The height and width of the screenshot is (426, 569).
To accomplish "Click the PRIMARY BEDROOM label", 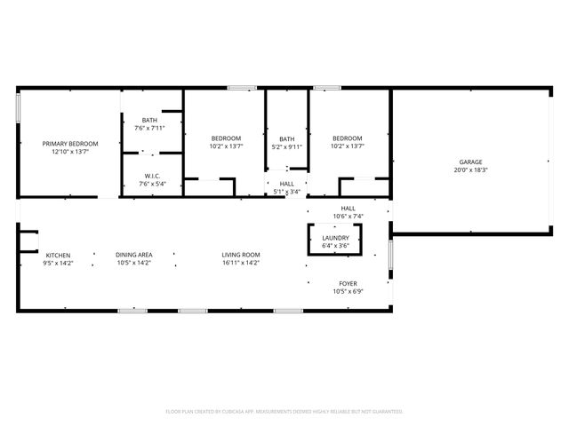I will point(71,144).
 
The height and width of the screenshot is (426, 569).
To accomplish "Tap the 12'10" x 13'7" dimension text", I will point(71,152).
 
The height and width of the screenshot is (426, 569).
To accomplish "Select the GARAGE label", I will point(470,162).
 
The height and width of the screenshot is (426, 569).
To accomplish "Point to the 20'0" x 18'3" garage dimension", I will point(470,170).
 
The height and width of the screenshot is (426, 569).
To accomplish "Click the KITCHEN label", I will point(58,256).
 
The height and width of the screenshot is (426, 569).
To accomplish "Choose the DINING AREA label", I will point(133,256).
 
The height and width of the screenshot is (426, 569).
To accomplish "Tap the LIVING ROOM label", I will point(241,256).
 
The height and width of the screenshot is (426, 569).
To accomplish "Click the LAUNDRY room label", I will point(335,238).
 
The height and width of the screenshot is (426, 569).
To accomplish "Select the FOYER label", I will point(348,283).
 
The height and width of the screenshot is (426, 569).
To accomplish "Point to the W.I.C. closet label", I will point(150,177).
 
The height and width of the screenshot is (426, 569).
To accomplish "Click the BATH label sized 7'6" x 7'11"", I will point(150,121).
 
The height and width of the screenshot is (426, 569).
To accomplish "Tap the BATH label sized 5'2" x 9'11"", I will point(287,138).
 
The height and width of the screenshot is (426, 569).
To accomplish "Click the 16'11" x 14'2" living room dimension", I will point(241,264).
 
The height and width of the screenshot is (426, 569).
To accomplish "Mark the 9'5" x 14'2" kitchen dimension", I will point(58,264).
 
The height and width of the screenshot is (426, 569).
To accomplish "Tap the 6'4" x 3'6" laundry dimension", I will point(335,246).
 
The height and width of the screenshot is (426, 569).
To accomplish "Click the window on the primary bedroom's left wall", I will point(19,106).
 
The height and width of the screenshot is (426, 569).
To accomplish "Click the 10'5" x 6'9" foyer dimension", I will point(348,291).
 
